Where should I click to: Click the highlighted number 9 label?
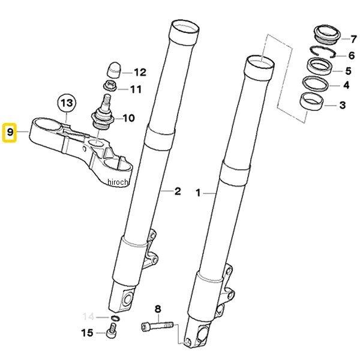(x=10, y=132)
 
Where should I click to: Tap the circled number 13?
(x=67, y=104)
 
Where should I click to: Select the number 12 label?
(x=139, y=73)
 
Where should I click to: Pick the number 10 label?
(x=128, y=118)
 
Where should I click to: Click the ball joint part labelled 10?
(x=102, y=114)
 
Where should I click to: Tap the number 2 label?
(x=177, y=192)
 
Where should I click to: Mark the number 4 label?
(x=346, y=86)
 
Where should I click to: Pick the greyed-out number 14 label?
(x=89, y=316)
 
